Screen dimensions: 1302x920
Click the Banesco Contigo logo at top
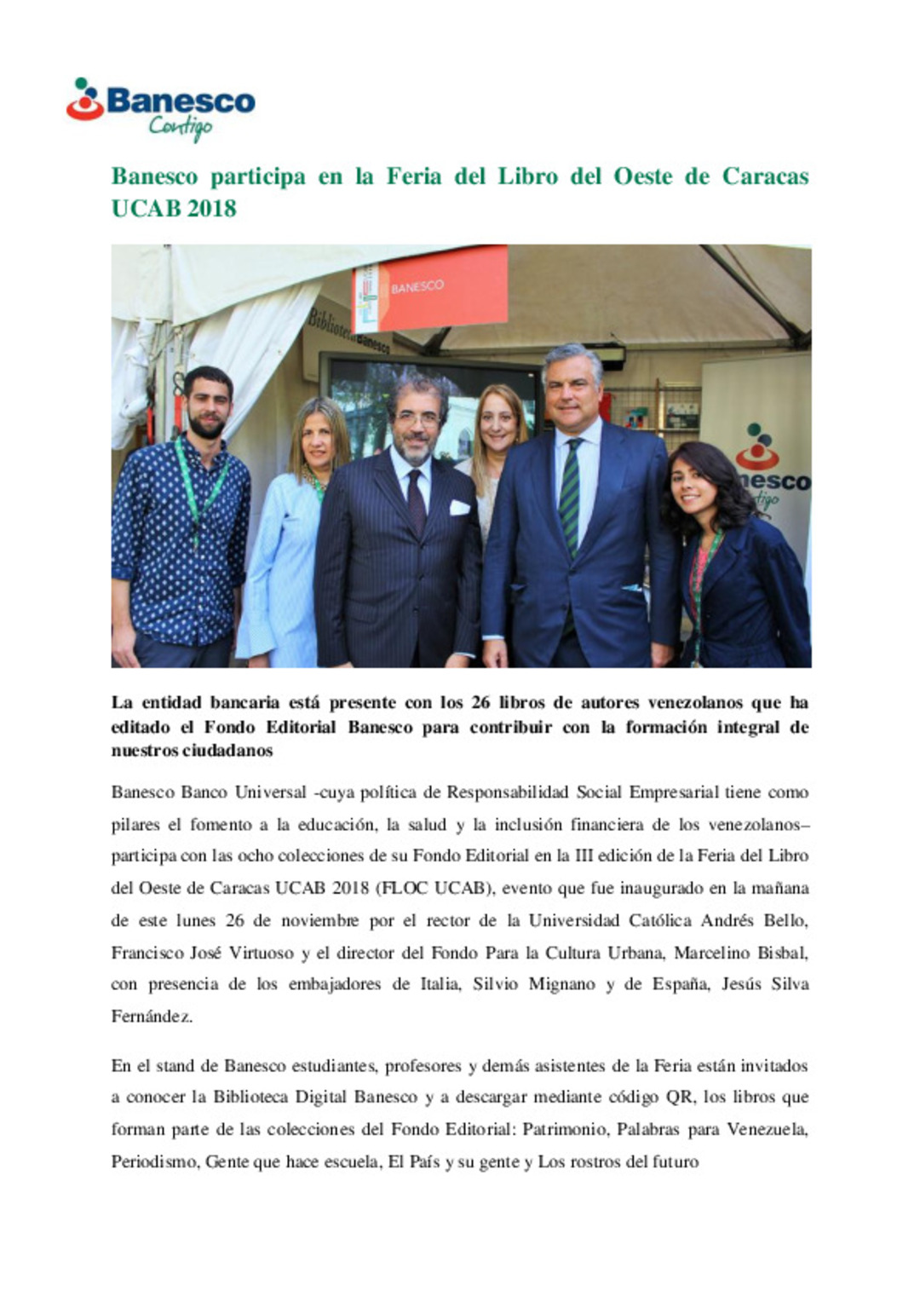click(160, 107)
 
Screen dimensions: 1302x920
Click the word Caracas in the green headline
click(765, 176)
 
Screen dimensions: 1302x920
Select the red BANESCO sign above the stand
click(432, 287)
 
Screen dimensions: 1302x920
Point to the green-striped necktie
click(570, 494)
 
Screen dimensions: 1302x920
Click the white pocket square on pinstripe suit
click(460, 508)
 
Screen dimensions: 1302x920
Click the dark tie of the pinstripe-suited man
click(417, 503)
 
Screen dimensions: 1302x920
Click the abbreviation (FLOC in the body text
click(402, 888)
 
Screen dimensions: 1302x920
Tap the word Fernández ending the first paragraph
click(152, 1017)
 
